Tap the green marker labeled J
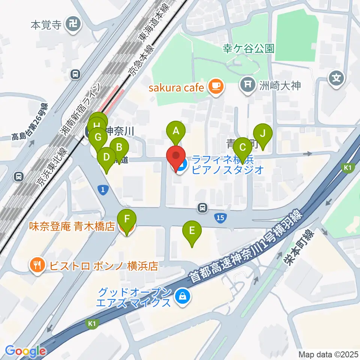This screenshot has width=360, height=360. point(262,133)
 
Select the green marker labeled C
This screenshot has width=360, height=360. point(242,147)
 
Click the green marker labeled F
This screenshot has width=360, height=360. point(127,219)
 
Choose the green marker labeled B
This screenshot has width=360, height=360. point(120,147)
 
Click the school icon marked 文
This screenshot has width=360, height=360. point(336,78)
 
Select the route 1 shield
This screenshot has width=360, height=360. point(103,190)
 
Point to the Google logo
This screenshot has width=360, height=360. point(25,351)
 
